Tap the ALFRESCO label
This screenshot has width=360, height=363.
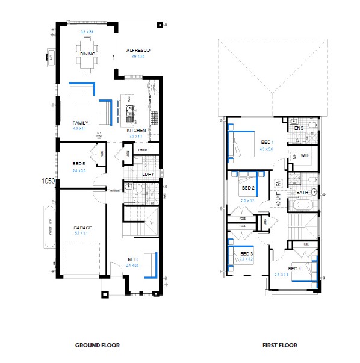(137, 50)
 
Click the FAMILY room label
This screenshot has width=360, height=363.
(63, 123)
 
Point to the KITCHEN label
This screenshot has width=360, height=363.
(136, 130)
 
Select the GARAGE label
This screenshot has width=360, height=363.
(82, 228)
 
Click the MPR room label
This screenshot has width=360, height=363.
(133, 260)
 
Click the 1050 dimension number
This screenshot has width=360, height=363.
(48, 180)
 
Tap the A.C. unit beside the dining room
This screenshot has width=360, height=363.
(50, 58)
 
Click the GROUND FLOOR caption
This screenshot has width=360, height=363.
(97, 346)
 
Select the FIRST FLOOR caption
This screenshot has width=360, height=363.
(279, 346)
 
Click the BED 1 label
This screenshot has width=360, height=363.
(267, 143)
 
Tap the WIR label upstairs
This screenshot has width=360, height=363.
(305, 155)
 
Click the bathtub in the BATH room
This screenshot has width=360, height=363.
(302, 205)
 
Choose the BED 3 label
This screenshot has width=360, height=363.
(246, 255)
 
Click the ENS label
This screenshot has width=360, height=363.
(299, 128)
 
